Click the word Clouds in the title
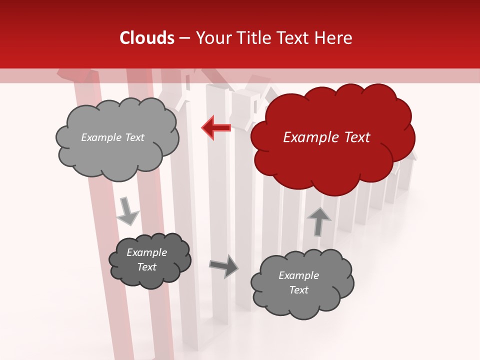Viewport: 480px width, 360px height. click(x=147, y=38)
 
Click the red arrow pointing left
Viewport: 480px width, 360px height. click(x=216, y=127)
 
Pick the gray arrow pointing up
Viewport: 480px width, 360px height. click(x=318, y=221)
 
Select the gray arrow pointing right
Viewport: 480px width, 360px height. click(x=223, y=265)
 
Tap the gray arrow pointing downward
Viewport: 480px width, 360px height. click(x=127, y=211)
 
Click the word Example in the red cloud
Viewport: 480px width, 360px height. click(x=312, y=137)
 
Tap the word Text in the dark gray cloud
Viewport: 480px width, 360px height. click(x=147, y=267)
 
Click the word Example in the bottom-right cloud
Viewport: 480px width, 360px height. click(x=298, y=275)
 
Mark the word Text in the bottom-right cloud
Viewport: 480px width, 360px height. click(x=298, y=290)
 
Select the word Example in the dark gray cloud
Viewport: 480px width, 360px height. click(x=147, y=252)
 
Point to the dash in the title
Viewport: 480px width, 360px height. click(x=184, y=38)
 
